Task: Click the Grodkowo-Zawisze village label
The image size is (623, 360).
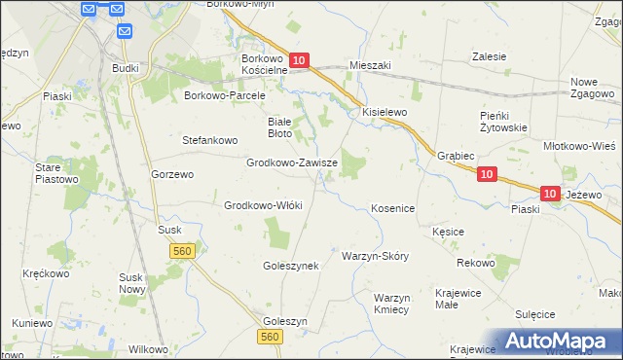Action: click(291, 163)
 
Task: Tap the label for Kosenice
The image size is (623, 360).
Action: click(393, 209)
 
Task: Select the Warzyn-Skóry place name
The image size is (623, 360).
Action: click(375, 256)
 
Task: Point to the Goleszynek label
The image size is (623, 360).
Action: click(291, 265)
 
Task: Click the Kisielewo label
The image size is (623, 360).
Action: click(385, 112)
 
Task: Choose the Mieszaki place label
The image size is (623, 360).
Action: click(369, 65)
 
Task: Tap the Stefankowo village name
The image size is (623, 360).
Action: click(210, 140)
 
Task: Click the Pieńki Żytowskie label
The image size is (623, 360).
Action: click(503, 121)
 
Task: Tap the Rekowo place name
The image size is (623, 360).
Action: click(476, 264)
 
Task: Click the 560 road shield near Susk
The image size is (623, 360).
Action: click(182, 251)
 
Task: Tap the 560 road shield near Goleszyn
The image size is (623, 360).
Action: click(271, 336)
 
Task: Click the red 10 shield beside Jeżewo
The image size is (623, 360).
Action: click(550, 195)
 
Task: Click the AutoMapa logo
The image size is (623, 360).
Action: click(561, 341)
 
